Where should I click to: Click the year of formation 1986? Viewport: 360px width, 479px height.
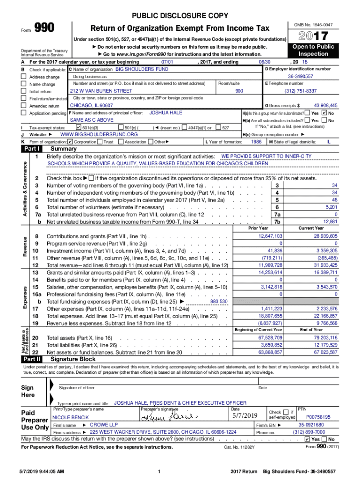tap(256, 142)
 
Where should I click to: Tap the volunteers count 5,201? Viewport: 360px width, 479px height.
tap(331, 207)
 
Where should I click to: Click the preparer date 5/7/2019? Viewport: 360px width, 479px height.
tap(245, 416)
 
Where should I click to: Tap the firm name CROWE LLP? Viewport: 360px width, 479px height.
tap(104, 425)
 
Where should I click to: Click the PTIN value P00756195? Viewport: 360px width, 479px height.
tap(318, 416)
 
